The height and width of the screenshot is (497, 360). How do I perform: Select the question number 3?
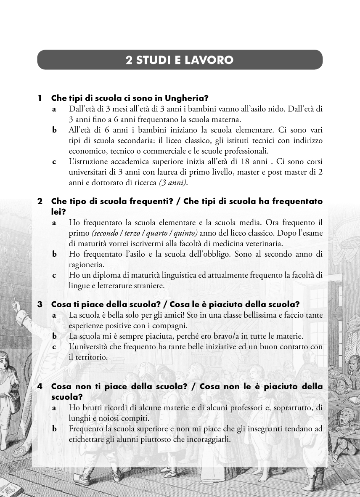coord(40,304)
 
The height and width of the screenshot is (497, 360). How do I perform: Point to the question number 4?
coord(40,386)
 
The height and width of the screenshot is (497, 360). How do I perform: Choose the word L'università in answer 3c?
coord(88,347)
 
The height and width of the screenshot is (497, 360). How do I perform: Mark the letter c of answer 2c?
coord(54,275)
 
